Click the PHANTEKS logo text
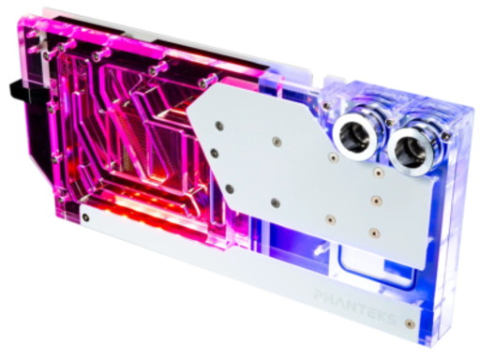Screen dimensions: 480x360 [x=355, y=306]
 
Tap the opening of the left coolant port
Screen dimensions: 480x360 [x=354, y=137]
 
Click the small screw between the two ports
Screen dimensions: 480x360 [x=389, y=123]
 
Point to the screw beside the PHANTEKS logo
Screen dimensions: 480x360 [x=410, y=323]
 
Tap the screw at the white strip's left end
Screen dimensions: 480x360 [x=85, y=217]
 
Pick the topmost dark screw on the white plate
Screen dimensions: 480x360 [x=219, y=126]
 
